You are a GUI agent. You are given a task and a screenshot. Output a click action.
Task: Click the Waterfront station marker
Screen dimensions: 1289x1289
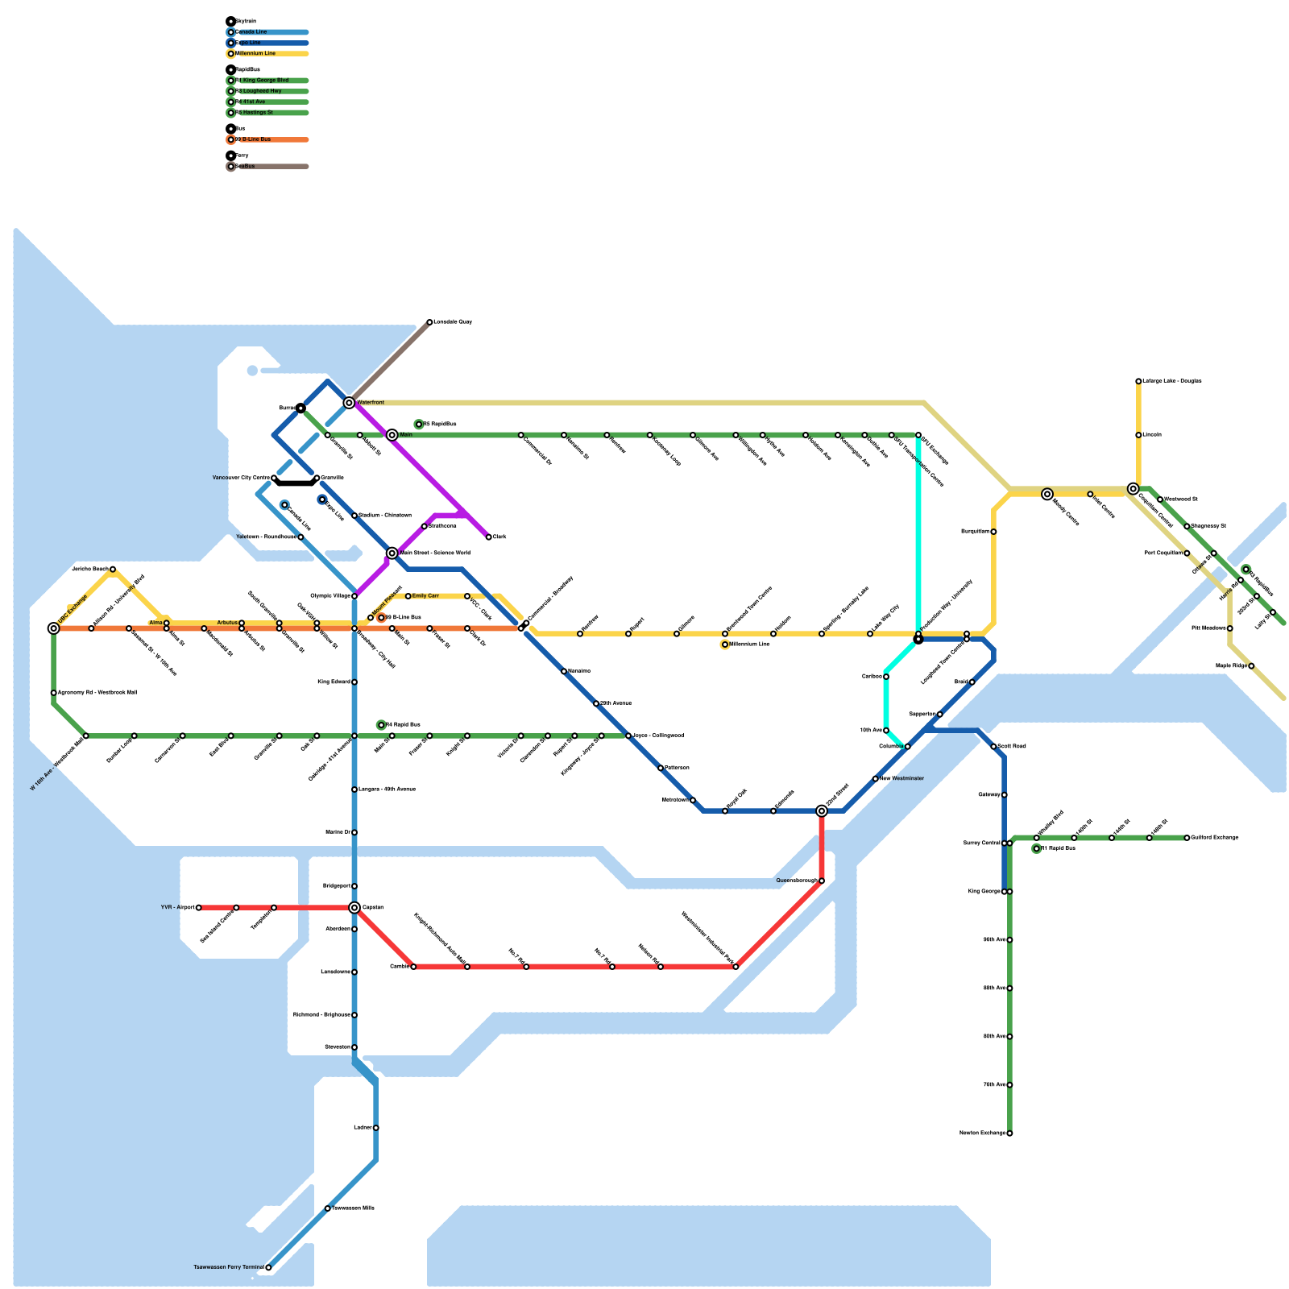pyautogui.click(x=349, y=403)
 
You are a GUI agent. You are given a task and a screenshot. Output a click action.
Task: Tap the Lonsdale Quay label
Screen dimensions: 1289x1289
pyautogui.click(x=452, y=322)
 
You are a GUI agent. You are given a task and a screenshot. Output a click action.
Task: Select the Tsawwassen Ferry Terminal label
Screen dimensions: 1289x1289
pyautogui.click(x=229, y=1267)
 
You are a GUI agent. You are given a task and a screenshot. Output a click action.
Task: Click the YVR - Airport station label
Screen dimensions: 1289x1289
pyautogui.click(x=178, y=908)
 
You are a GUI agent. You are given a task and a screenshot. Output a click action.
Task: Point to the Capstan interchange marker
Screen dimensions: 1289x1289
pyautogui.click(x=354, y=908)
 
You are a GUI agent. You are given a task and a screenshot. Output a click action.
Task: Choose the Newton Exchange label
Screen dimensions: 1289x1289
pyautogui.click(x=983, y=1134)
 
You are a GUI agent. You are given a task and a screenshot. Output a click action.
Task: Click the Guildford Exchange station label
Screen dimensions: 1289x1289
pyautogui.click(x=1214, y=838)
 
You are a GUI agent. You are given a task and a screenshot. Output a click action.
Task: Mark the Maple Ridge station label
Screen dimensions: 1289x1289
pyautogui.click(x=1231, y=666)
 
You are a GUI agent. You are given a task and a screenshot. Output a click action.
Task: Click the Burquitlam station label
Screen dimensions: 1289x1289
pyautogui.click(x=975, y=532)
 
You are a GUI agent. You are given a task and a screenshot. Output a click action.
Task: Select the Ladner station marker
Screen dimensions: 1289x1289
pyautogui.click(x=376, y=1128)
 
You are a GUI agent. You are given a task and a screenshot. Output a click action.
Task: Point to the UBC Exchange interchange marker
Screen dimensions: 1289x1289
pyautogui.click(x=54, y=628)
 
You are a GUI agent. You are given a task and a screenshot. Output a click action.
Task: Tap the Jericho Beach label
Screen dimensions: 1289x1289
pyautogui.click(x=89, y=570)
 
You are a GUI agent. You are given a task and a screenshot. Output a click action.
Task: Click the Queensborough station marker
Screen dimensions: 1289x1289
pyautogui.click(x=822, y=881)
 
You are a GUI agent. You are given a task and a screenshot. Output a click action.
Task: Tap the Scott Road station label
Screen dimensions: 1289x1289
pyautogui.click(x=1012, y=747)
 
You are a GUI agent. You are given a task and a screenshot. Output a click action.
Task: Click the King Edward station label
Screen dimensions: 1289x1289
pyautogui.click(x=334, y=682)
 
